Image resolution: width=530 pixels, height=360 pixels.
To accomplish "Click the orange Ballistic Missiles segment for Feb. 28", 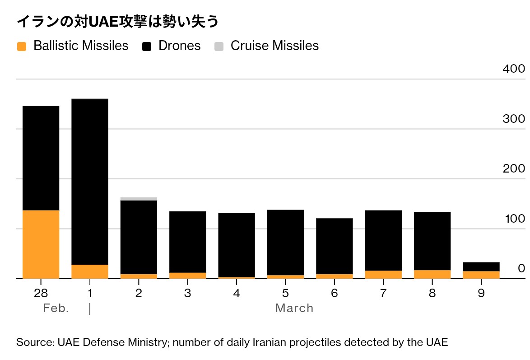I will (x=41, y=244).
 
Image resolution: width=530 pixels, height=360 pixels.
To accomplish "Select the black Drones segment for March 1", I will (x=90, y=181).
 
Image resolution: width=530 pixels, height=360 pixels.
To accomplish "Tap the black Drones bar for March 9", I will (x=481, y=266).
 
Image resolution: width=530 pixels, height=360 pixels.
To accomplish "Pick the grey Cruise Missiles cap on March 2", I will (x=139, y=199).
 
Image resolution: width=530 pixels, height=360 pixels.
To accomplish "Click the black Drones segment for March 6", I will (x=334, y=246).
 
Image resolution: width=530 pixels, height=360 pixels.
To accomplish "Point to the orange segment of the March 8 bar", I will (x=432, y=274).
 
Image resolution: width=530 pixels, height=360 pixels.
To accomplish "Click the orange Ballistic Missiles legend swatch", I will (x=22, y=46).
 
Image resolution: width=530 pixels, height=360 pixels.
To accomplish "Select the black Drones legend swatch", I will (x=147, y=46).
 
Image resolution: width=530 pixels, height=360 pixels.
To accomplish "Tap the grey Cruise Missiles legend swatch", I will (x=219, y=46).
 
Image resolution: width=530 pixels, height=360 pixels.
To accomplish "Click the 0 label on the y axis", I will (x=521, y=268).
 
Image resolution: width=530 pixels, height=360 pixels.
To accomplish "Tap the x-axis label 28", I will (x=41, y=293).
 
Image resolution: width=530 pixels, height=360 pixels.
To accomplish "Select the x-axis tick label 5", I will (x=285, y=293).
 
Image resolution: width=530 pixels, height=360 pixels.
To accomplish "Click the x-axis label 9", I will (x=481, y=293).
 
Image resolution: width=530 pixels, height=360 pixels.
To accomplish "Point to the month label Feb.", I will (x=56, y=309).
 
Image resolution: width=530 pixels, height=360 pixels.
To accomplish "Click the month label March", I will (x=294, y=309).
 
